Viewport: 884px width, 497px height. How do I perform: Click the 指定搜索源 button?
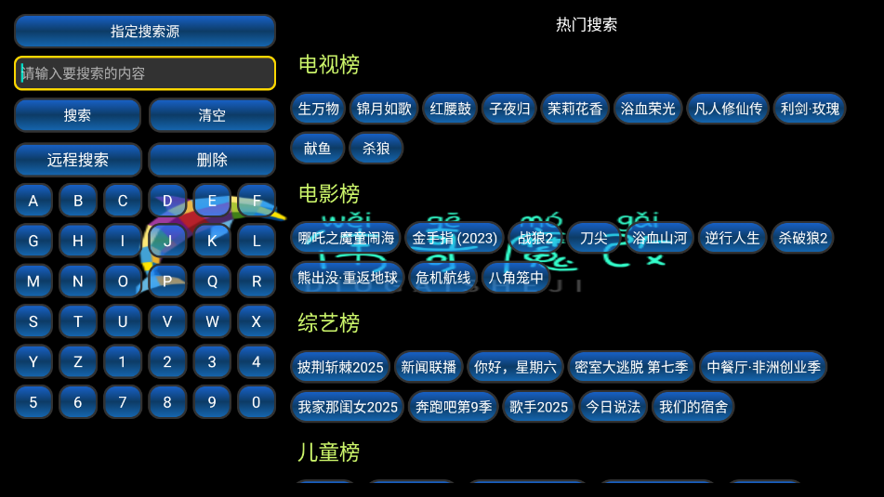[144, 31]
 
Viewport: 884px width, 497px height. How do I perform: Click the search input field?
[144, 73]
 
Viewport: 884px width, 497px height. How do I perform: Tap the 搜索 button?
[77, 115]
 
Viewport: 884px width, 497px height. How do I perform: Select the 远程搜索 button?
[78, 160]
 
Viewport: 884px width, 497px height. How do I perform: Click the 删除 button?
[212, 160]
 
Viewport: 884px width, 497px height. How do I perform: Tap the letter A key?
[33, 201]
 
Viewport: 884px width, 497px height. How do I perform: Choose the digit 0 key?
[257, 402]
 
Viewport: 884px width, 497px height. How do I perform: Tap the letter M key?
[33, 281]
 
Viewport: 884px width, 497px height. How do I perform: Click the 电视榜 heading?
[329, 64]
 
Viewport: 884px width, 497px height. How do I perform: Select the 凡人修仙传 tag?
[729, 109]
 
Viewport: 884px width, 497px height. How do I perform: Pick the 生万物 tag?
[319, 109]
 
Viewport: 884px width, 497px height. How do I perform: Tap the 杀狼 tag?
[376, 148]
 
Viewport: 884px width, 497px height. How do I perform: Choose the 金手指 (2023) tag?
[455, 238]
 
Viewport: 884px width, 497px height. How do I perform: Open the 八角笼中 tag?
[516, 277]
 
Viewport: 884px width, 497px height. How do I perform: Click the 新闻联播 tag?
[429, 367]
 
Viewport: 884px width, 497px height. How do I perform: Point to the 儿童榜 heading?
[329, 452]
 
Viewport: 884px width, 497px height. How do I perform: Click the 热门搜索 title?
[587, 24]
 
